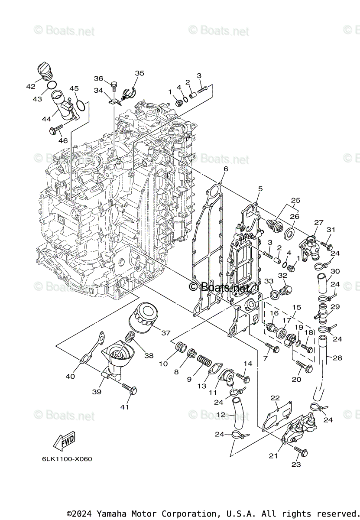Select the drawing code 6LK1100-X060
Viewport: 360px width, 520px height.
click(67, 459)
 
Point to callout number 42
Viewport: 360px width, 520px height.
click(30, 86)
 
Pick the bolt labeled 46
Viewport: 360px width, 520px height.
click(57, 129)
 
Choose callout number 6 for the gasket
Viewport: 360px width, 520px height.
click(226, 169)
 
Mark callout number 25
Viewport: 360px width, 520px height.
click(295, 201)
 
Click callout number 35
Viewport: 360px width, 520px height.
click(139, 73)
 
